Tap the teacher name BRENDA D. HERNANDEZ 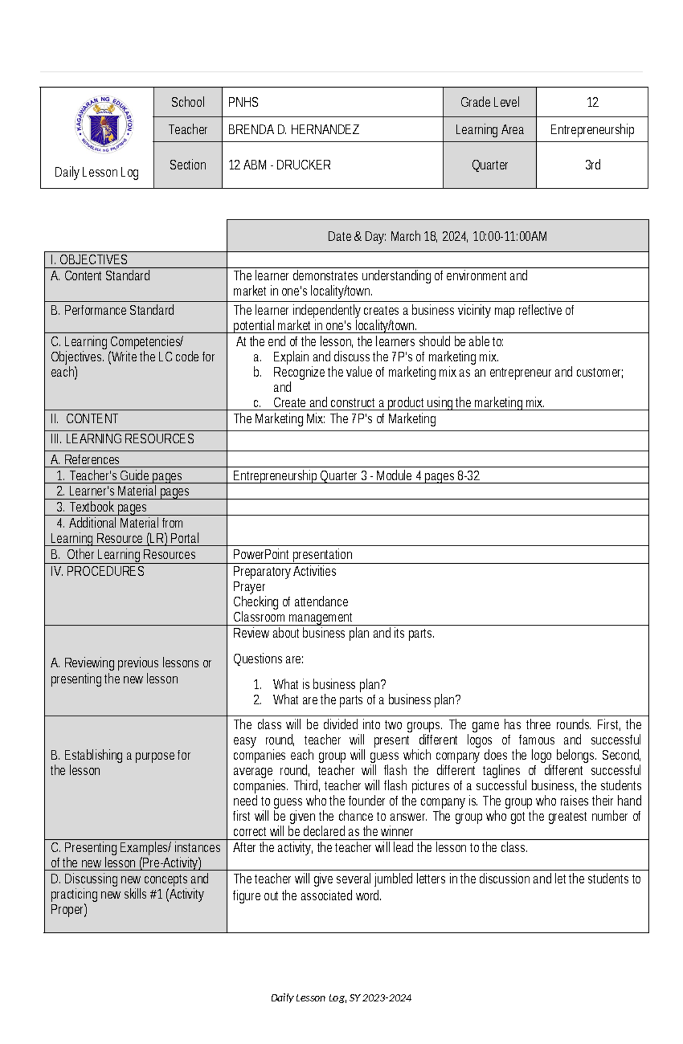[293, 130]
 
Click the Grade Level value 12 [592, 102]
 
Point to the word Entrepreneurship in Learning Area [592, 130]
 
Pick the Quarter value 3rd [592, 165]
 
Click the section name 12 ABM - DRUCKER [279, 165]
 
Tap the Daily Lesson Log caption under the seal [96, 172]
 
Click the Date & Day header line [437, 237]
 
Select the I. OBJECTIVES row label [89, 260]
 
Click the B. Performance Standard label [112, 311]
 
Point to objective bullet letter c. [257, 403]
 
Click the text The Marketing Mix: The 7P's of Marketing [335, 419]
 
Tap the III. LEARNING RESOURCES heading [122, 439]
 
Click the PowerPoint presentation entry [293, 555]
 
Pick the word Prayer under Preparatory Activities [249, 587]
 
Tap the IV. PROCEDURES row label [97, 571]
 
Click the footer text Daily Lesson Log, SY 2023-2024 [341, 997]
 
